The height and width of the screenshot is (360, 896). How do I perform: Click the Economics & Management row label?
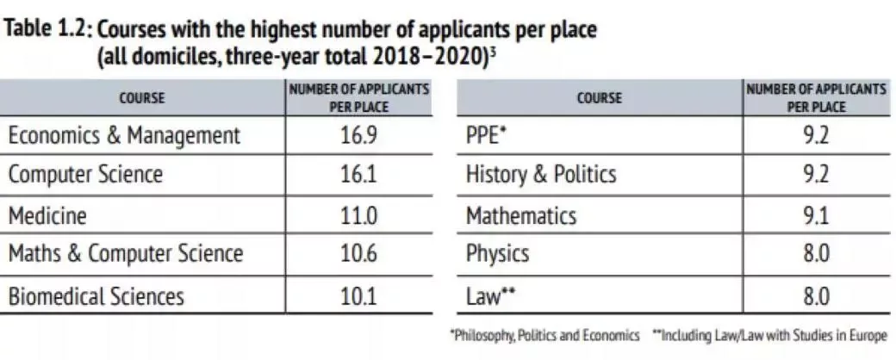pyautogui.click(x=124, y=135)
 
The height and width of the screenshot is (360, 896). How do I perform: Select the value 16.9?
pyautogui.click(x=359, y=135)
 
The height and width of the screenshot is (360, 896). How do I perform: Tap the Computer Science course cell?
pyautogui.click(x=85, y=175)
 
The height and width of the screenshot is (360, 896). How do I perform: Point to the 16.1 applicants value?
pyautogui.click(x=359, y=175)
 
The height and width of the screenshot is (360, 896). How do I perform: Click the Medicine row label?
pyautogui.click(x=47, y=214)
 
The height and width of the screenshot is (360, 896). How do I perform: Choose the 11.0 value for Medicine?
pyautogui.click(x=359, y=214)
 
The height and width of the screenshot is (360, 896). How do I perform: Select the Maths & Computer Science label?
pyautogui.click(x=126, y=254)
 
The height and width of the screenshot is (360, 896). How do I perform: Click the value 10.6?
pyautogui.click(x=359, y=254)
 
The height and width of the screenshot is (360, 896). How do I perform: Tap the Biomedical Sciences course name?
pyautogui.click(x=96, y=296)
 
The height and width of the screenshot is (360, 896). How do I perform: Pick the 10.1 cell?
pyautogui.click(x=359, y=296)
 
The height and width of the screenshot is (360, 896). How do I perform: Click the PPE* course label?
pyautogui.click(x=486, y=135)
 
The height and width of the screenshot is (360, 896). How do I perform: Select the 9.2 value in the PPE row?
pyautogui.click(x=815, y=135)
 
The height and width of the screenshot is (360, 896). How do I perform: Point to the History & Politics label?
pyautogui.click(x=541, y=175)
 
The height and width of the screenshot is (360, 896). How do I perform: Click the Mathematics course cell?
pyautogui.click(x=520, y=214)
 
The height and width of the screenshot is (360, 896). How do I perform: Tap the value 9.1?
pyautogui.click(x=815, y=214)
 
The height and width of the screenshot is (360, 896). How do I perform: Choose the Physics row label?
pyautogui.click(x=497, y=254)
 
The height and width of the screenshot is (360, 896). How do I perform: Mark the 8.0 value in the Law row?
pyautogui.click(x=815, y=296)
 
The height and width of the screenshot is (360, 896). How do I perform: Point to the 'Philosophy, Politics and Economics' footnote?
pyautogui.click(x=545, y=335)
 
